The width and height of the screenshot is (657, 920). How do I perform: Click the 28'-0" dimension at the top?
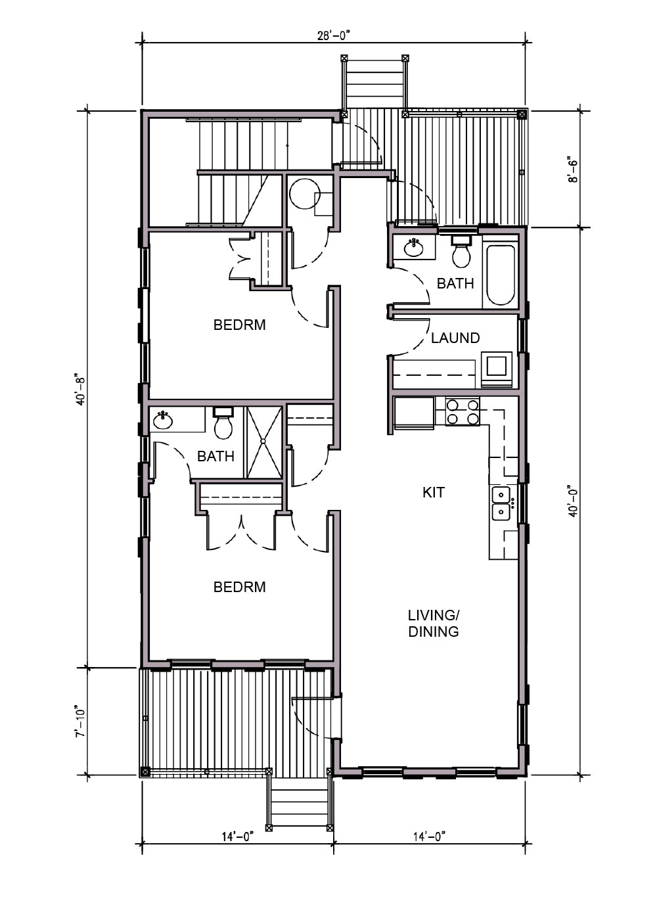(332, 35)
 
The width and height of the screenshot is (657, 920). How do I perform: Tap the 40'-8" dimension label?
(80, 389)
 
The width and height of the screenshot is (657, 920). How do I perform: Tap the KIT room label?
(433, 492)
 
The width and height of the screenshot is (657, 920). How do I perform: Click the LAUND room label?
(455, 338)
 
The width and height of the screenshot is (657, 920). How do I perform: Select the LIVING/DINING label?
(433, 623)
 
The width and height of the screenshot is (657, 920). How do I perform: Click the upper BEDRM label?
(239, 325)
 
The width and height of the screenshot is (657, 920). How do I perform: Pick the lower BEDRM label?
(239, 587)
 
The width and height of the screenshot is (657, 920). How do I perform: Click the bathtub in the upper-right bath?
(501, 275)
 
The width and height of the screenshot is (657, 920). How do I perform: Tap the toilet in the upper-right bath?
(461, 251)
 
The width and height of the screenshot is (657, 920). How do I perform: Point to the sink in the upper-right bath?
(414, 248)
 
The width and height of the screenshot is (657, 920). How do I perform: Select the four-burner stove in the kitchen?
(463, 411)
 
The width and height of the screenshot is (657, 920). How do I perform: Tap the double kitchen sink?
(501, 503)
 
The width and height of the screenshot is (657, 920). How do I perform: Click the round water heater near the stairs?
(305, 193)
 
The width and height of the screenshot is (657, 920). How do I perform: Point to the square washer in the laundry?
(496, 367)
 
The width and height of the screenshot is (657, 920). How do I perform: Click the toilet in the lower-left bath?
(223, 423)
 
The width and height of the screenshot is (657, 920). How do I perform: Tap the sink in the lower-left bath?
(164, 420)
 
